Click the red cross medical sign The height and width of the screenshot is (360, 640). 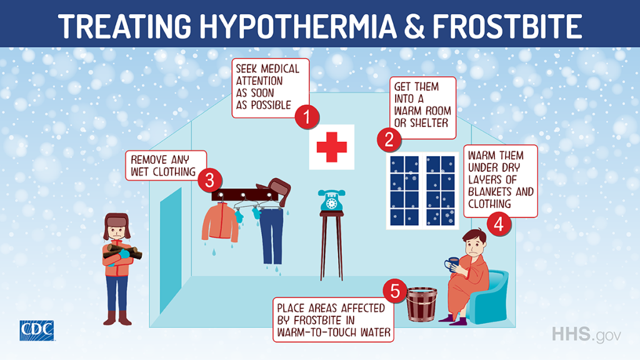[x=332, y=147]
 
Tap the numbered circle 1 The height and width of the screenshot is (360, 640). [x=307, y=117]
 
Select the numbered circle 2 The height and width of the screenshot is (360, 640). [x=389, y=139]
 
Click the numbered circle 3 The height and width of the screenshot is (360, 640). [x=209, y=181]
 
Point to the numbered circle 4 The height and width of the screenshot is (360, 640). [x=497, y=224]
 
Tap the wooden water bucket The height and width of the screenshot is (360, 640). [x=422, y=305]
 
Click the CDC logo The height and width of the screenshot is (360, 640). [x=37, y=330]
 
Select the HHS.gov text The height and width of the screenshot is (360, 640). [x=586, y=334]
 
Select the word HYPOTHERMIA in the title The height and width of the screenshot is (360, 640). [x=299, y=24]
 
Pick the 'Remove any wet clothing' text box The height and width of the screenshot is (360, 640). [x=161, y=166]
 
